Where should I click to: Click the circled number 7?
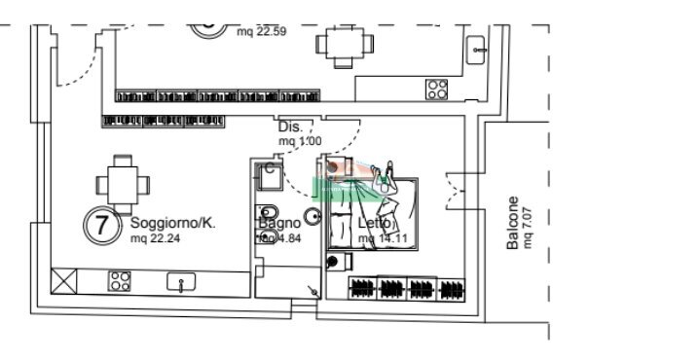100,225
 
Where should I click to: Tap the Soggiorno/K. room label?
172,224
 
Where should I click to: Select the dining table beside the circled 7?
123,182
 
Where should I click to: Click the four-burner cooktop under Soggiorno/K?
120,282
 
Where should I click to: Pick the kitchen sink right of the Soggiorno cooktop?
181,282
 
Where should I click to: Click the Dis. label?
288,127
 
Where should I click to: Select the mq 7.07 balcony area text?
529,226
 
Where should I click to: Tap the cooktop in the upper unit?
436,89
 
